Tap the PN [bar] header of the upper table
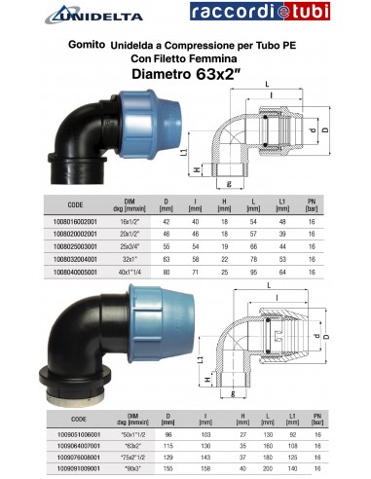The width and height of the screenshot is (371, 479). [314, 204]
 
